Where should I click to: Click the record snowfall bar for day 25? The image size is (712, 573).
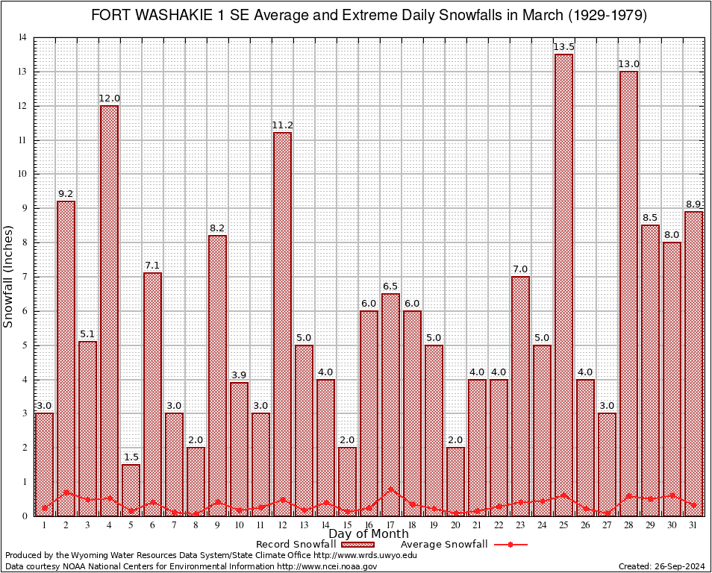pyautogui.click(x=563, y=284)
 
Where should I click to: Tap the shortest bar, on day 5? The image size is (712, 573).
pyautogui.click(x=131, y=489)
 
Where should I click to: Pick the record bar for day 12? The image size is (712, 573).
pyautogui.click(x=282, y=324)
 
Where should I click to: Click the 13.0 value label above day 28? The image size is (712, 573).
pyautogui.click(x=628, y=64)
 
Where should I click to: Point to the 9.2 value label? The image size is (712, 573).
pyautogui.click(x=66, y=194)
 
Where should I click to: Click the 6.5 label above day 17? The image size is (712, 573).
pyautogui.click(x=390, y=286)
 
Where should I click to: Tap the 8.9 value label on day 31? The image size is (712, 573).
pyautogui.click(x=693, y=204)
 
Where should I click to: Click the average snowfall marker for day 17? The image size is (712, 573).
pyautogui.click(x=390, y=489)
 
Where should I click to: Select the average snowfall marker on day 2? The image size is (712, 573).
pyautogui.click(x=66, y=492)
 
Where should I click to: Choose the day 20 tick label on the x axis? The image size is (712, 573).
pyautogui.click(x=455, y=525)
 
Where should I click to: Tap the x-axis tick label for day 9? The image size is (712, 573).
pyautogui.click(x=217, y=525)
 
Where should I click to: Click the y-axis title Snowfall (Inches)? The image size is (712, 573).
pyautogui.click(x=9, y=276)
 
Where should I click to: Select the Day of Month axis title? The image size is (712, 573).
pyautogui.click(x=368, y=533)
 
